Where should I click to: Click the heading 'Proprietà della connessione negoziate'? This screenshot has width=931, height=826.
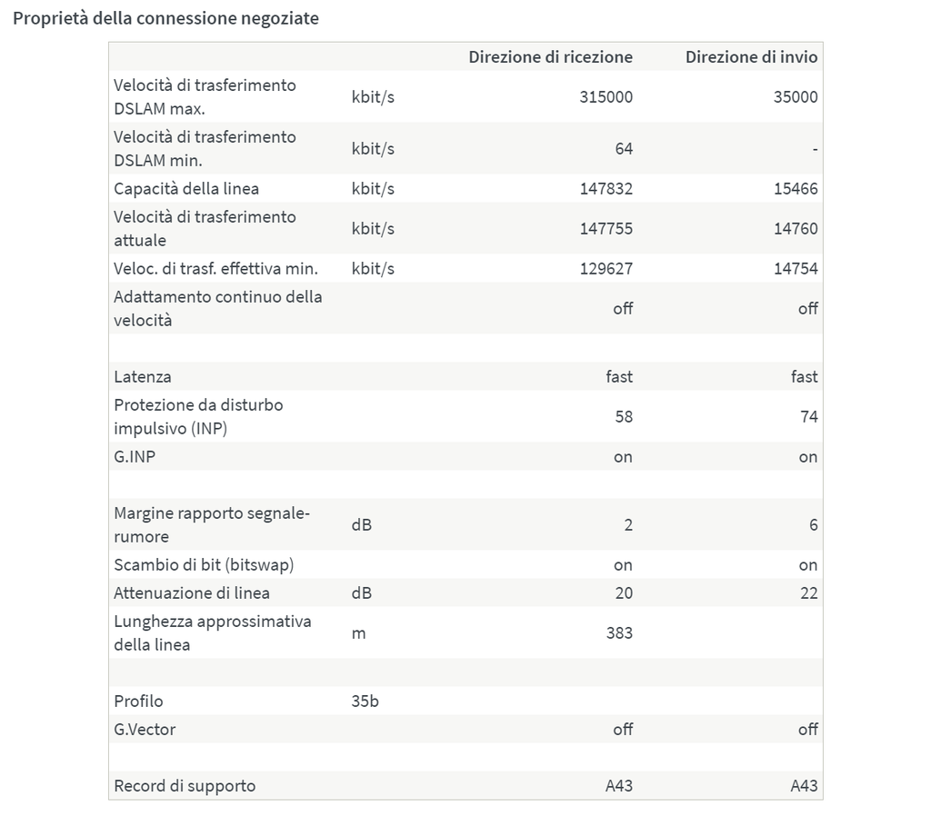(165, 18)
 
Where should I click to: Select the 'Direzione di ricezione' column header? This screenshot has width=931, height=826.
(550, 57)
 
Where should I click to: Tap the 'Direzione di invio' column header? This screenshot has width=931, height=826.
(751, 57)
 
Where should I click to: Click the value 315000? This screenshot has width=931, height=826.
(606, 97)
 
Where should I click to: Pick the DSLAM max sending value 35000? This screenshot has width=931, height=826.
(796, 97)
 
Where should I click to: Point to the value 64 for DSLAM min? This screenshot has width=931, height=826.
(623, 148)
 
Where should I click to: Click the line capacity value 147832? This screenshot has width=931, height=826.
(606, 189)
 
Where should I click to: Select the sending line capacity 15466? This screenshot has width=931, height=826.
(796, 189)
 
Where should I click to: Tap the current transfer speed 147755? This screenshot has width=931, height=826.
(606, 229)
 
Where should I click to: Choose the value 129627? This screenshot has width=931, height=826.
(606, 269)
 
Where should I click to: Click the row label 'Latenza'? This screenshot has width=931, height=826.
(142, 376)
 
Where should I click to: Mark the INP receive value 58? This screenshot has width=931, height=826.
(623, 417)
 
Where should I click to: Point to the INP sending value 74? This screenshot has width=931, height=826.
(808, 417)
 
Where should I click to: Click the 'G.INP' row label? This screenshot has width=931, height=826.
(135, 457)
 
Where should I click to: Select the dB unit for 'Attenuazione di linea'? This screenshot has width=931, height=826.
(361, 593)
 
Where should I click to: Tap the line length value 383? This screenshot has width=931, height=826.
(619, 633)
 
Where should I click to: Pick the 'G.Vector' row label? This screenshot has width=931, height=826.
(145, 730)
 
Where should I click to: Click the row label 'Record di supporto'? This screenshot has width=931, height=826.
(185, 786)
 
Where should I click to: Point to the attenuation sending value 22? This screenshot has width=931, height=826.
(808, 593)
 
